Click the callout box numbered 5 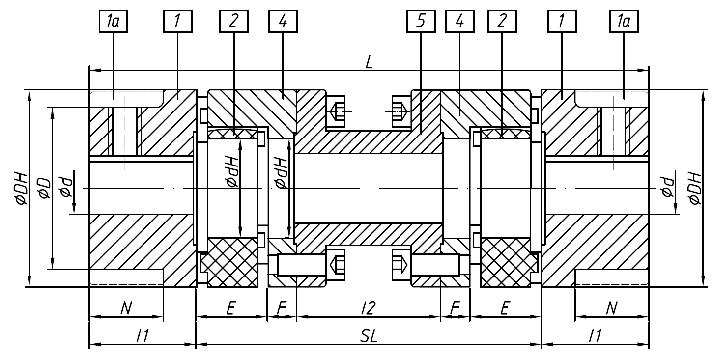point(421,22)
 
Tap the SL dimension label point(368,335)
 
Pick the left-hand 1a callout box point(114,22)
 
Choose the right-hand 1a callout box point(624,22)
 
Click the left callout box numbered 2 point(233,22)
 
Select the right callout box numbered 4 point(459,22)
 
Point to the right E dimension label point(505,308)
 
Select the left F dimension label point(282,308)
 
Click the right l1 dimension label point(595,335)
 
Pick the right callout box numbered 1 point(561,22)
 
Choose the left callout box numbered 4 point(283,22)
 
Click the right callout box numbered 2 point(501,22)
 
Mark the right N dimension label point(611,308)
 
